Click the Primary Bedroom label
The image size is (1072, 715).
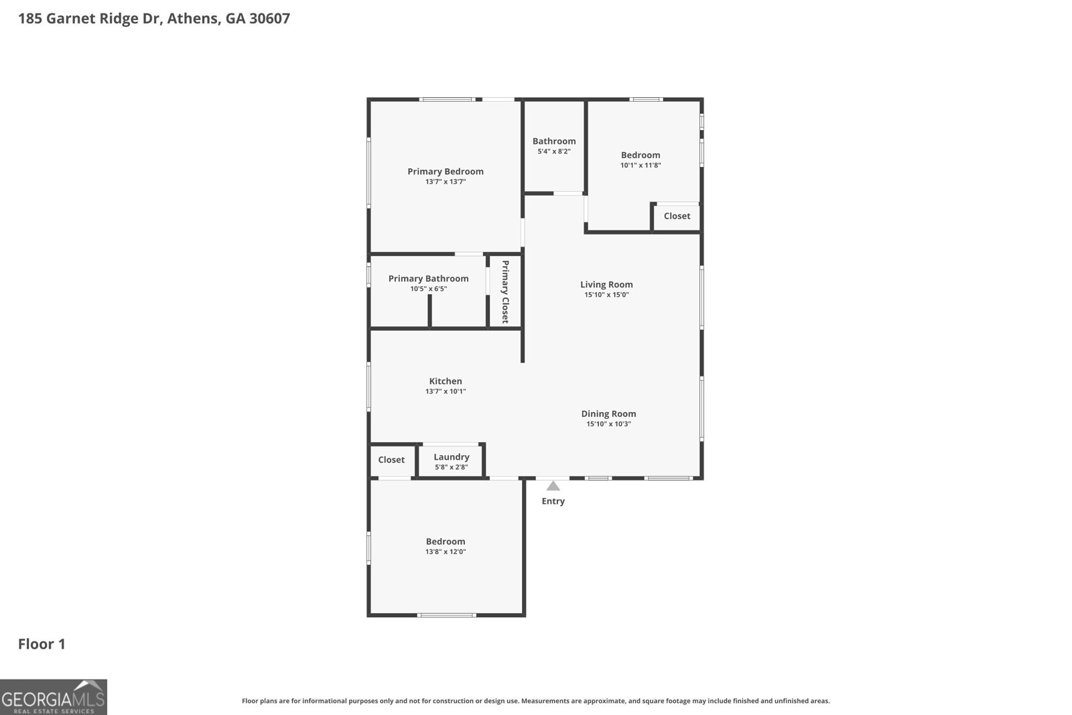446,172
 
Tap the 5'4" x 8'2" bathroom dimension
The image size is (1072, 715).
554,151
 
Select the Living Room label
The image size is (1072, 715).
606,284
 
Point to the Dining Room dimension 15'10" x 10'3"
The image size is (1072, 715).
608,424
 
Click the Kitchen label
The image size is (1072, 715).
446,381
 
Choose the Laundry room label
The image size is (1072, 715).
451,457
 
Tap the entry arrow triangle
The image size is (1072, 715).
553,486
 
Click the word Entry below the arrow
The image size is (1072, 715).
553,501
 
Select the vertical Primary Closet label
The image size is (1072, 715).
505,291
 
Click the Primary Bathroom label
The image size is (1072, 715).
428,279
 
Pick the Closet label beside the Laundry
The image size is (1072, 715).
391,460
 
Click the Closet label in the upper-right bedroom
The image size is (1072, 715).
677,216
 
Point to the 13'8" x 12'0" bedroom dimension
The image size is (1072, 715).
446,552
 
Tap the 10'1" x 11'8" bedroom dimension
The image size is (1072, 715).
641,166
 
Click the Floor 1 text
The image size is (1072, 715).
42,644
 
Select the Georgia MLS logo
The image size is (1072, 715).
54,698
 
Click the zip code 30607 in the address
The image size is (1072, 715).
269,18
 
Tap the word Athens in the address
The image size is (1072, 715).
193,18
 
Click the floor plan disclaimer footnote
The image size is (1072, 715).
535,701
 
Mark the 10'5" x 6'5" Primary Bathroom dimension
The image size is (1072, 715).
428,289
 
